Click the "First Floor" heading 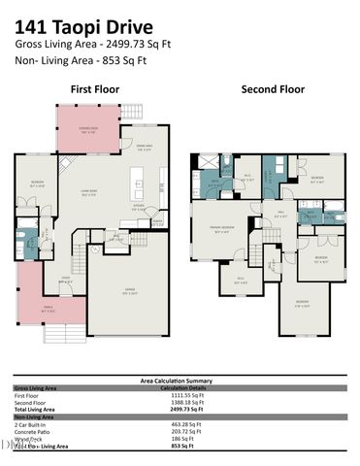[94, 88]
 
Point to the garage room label [128, 292]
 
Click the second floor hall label [278, 214]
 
